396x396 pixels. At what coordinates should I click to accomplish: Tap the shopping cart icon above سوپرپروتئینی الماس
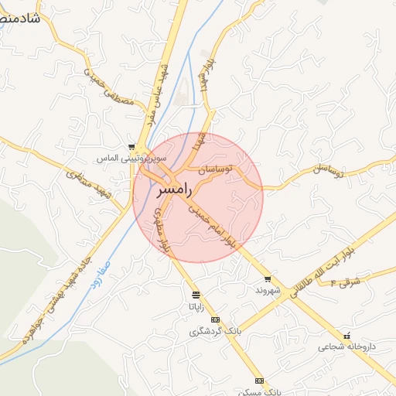point(132,147)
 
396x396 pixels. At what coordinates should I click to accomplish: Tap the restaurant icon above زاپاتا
point(196,295)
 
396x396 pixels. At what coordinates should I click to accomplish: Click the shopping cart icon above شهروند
point(268,278)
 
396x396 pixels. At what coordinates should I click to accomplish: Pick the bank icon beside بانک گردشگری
point(215,320)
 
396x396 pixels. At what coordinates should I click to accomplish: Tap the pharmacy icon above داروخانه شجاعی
point(346,336)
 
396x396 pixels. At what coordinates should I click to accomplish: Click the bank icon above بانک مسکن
point(259,381)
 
